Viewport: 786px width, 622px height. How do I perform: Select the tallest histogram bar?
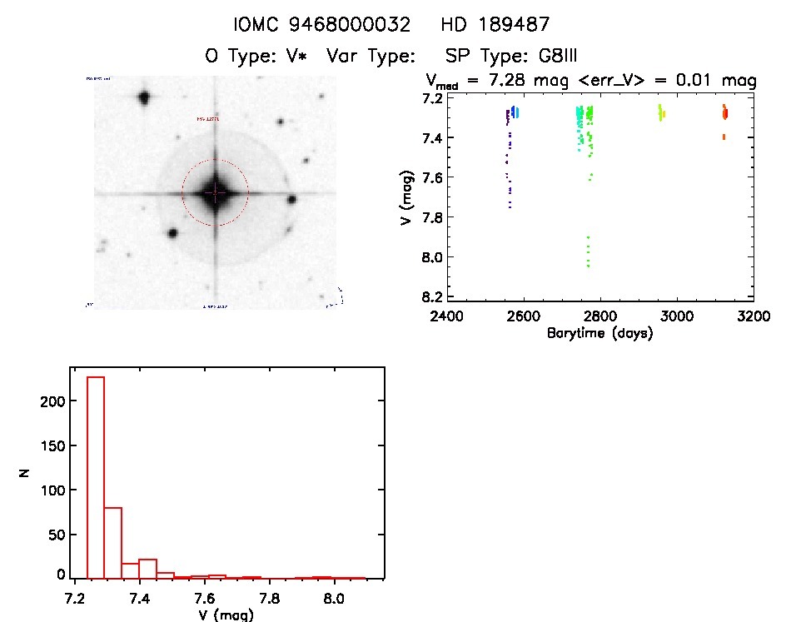[95, 477]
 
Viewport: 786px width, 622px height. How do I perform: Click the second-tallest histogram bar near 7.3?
[112, 542]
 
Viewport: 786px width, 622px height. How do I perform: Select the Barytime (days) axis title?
[599, 333]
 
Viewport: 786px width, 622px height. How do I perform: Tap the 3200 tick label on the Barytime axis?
[754, 316]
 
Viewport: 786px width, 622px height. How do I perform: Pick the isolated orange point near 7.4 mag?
[724, 137]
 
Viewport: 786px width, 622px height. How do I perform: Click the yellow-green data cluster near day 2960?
[660, 112]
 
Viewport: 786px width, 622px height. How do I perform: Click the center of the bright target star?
[215, 192]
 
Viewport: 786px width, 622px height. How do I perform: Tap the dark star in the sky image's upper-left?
[143, 97]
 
